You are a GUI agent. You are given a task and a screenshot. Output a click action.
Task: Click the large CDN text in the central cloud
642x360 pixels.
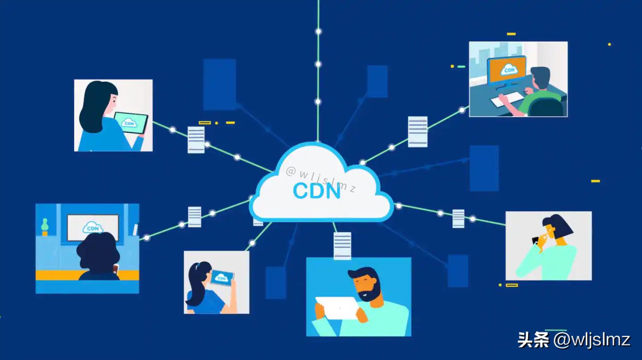tap(317, 190)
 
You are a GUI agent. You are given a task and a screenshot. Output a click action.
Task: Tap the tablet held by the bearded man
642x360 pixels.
tap(337, 307)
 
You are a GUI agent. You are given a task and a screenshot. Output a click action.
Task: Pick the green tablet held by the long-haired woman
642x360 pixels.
tap(130, 123)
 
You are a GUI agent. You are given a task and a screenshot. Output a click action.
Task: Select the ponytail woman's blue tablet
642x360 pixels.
tap(222, 278)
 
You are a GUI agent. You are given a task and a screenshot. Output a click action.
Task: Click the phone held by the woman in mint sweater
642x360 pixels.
tap(535, 240)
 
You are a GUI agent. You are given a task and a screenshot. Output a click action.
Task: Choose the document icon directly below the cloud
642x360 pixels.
tap(342, 245)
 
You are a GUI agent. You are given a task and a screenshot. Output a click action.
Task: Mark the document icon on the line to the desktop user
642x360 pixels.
tap(418, 131)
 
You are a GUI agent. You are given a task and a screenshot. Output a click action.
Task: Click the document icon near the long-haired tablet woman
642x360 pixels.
tap(196, 139)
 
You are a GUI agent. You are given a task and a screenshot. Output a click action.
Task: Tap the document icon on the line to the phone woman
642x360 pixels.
tap(458, 218)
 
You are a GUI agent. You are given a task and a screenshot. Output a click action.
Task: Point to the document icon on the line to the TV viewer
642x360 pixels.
tap(194, 217)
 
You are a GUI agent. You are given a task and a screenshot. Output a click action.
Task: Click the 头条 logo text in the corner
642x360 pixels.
tap(533, 340)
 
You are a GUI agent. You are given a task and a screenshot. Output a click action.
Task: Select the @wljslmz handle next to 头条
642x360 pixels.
tap(592, 340)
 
